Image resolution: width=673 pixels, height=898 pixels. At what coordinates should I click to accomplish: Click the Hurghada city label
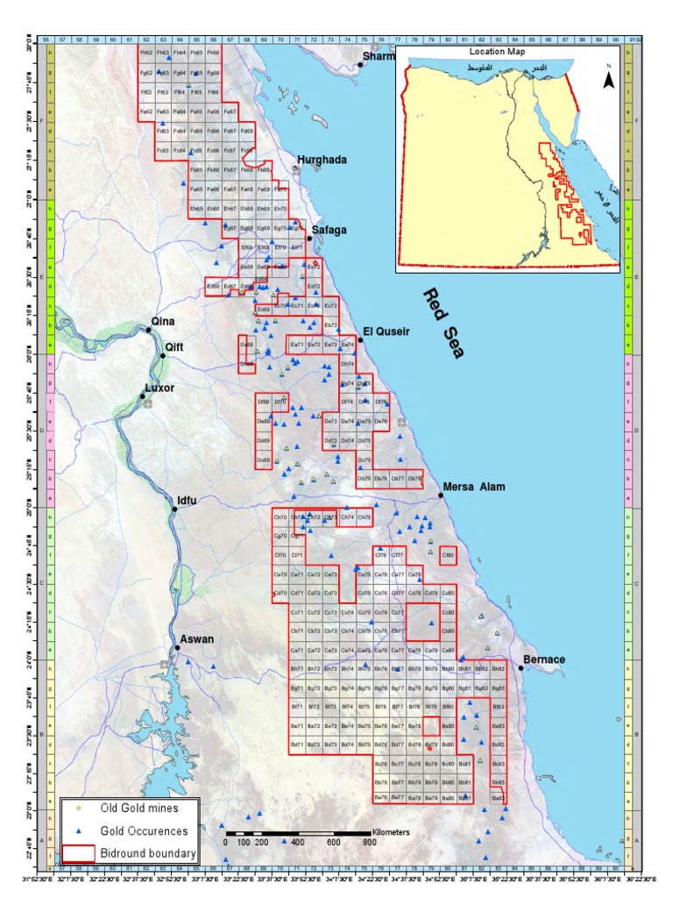click(x=322, y=160)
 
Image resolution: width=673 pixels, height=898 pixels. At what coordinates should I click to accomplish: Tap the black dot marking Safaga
click(x=309, y=238)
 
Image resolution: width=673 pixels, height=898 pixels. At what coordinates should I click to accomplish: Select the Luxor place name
click(x=159, y=388)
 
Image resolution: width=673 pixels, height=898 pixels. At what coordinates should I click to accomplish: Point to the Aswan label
click(x=197, y=639)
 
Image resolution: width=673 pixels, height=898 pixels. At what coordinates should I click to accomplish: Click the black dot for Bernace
click(x=521, y=668)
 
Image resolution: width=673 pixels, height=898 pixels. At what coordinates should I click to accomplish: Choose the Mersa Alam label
click(x=474, y=487)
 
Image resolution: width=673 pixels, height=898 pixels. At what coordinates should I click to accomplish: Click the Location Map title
click(x=508, y=53)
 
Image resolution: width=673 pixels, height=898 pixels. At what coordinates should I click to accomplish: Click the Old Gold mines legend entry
click(x=138, y=808)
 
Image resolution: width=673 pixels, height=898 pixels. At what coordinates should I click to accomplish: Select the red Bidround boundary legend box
click(x=79, y=852)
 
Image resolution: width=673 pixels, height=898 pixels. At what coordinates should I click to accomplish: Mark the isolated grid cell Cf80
click(x=449, y=555)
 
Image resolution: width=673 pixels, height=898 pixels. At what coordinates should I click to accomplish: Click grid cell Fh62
click(x=146, y=53)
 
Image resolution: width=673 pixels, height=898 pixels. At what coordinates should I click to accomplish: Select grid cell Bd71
click(x=297, y=745)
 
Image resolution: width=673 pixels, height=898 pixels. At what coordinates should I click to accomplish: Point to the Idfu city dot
click(x=174, y=510)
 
